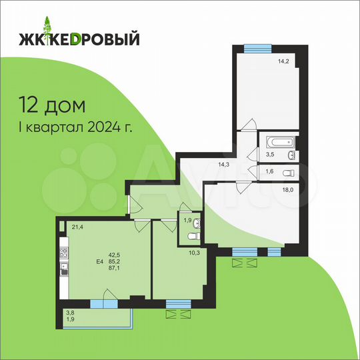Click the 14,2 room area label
[x=286, y=63]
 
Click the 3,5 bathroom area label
[x=269, y=155]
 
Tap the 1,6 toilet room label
[x=269, y=172]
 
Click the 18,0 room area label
[x=287, y=189]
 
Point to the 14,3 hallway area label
[x=225, y=162]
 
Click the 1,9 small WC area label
[x=187, y=220]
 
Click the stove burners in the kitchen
[x=65, y=253]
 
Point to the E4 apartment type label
[x=100, y=262]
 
